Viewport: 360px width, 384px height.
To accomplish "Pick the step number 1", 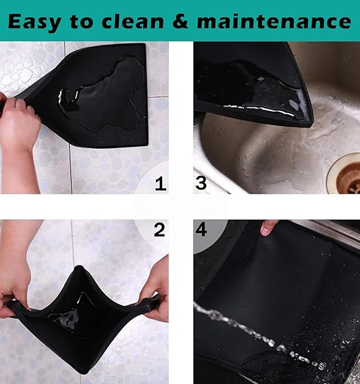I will (x=160, y=183).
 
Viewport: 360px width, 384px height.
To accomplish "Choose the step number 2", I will (x=160, y=230).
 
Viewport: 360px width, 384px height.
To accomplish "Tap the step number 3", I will (x=201, y=183).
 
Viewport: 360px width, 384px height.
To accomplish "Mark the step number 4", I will (x=201, y=230).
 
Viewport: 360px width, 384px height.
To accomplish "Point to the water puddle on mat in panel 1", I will (x=103, y=97).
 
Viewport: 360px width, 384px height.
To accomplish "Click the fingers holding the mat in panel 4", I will (x=270, y=227).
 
